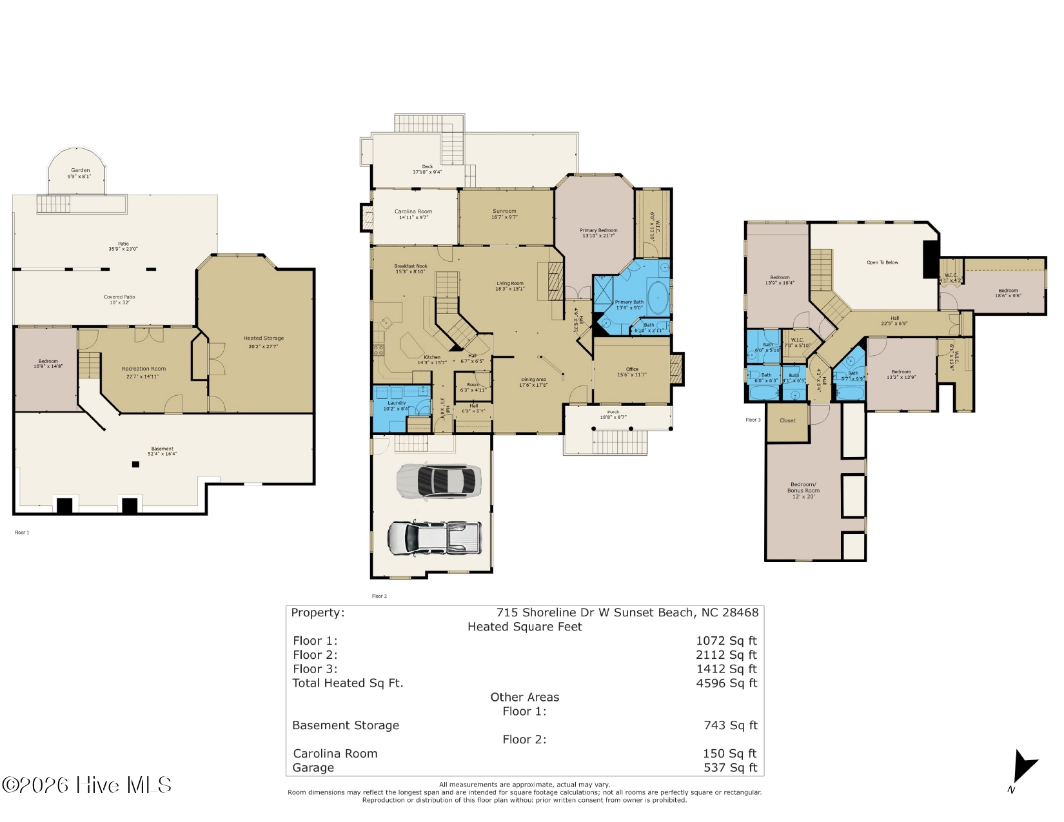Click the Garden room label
point(80,173)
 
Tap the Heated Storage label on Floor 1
point(263,342)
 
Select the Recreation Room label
point(143,372)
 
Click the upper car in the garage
point(438,481)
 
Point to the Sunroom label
point(504,214)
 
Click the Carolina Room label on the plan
point(413,214)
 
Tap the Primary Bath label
point(629,304)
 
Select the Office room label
point(632,372)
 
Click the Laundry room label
point(397,406)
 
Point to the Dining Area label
point(533,382)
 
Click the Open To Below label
point(882,262)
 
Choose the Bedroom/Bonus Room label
point(803,490)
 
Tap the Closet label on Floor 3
point(787,420)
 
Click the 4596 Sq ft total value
point(726,683)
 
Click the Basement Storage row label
point(346,725)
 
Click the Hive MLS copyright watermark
point(87,785)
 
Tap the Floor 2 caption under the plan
point(379,596)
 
